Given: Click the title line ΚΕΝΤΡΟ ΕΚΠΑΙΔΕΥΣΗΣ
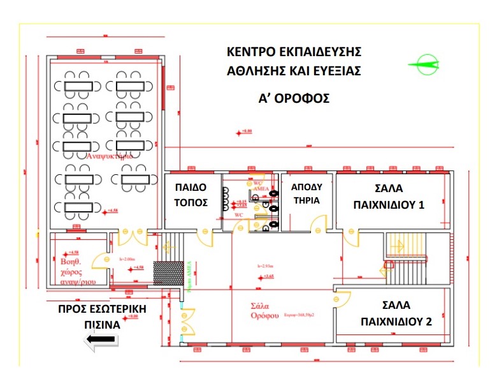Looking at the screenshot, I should (x=294, y=50).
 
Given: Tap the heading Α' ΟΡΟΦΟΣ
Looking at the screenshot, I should (x=294, y=99).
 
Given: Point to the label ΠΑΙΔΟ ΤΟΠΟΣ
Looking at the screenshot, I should (x=192, y=195).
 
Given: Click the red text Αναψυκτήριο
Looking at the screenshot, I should (x=109, y=155).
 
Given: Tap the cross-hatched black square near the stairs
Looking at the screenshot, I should (x=166, y=273).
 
